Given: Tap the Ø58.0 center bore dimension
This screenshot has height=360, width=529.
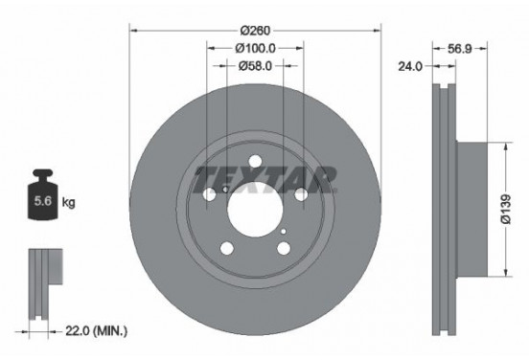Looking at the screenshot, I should coord(255,65).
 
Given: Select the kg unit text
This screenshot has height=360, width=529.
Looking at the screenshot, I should coord(69,204).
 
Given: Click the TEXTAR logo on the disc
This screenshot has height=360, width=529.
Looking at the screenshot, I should coord(265,177).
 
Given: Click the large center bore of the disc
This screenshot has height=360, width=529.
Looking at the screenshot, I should coord(255,207).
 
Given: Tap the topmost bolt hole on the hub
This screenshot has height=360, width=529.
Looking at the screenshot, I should coord(255,162).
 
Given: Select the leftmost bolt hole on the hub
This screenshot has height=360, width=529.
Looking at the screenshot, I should coord(211,194).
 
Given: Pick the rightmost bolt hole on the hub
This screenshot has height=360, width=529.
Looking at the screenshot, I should coord(300,194).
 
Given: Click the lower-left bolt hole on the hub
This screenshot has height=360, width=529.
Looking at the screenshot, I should coord(227,249).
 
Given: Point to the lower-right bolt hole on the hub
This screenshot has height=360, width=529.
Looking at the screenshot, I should coord(283,249).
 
